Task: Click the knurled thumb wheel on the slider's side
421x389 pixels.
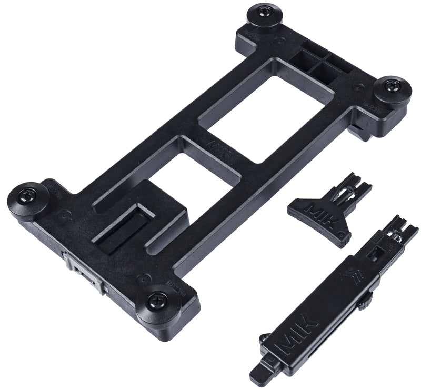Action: tap(364, 304)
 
